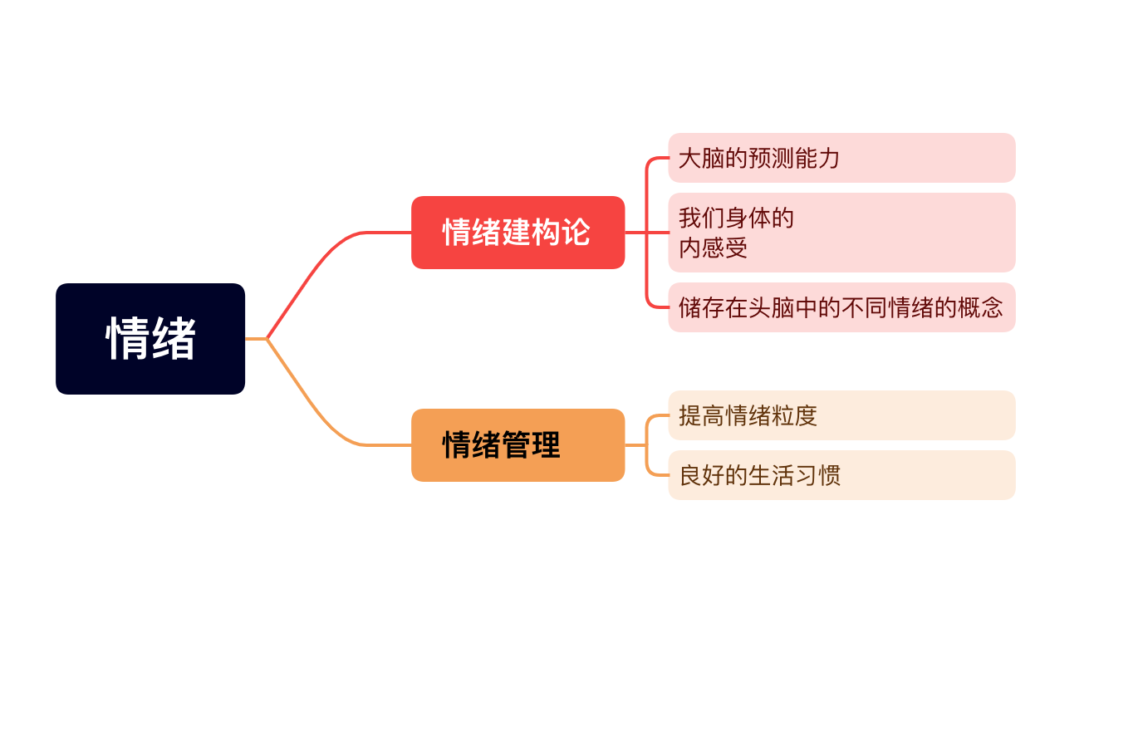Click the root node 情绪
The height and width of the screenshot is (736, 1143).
(x=150, y=339)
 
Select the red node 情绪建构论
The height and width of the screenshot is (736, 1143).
(x=518, y=233)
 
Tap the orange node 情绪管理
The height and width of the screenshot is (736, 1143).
(x=518, y=445)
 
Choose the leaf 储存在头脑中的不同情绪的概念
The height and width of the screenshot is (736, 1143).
(x=841, y=307)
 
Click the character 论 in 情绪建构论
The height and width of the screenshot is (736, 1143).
(x=576, y=233)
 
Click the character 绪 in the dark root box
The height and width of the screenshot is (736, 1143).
(x=174, y=339)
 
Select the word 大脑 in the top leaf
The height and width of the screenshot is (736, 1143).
(x=701, y=158)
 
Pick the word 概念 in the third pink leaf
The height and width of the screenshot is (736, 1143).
(x=980, y=307)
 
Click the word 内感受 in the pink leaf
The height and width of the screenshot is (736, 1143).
(x=714, y=248)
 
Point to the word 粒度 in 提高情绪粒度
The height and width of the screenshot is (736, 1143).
(x=794, y=415)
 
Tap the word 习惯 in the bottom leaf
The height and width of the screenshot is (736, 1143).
(x=817, y=475)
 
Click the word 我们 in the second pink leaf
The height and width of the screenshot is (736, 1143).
(x=701, y=218)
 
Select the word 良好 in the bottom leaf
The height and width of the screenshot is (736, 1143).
(x=701, y=475)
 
